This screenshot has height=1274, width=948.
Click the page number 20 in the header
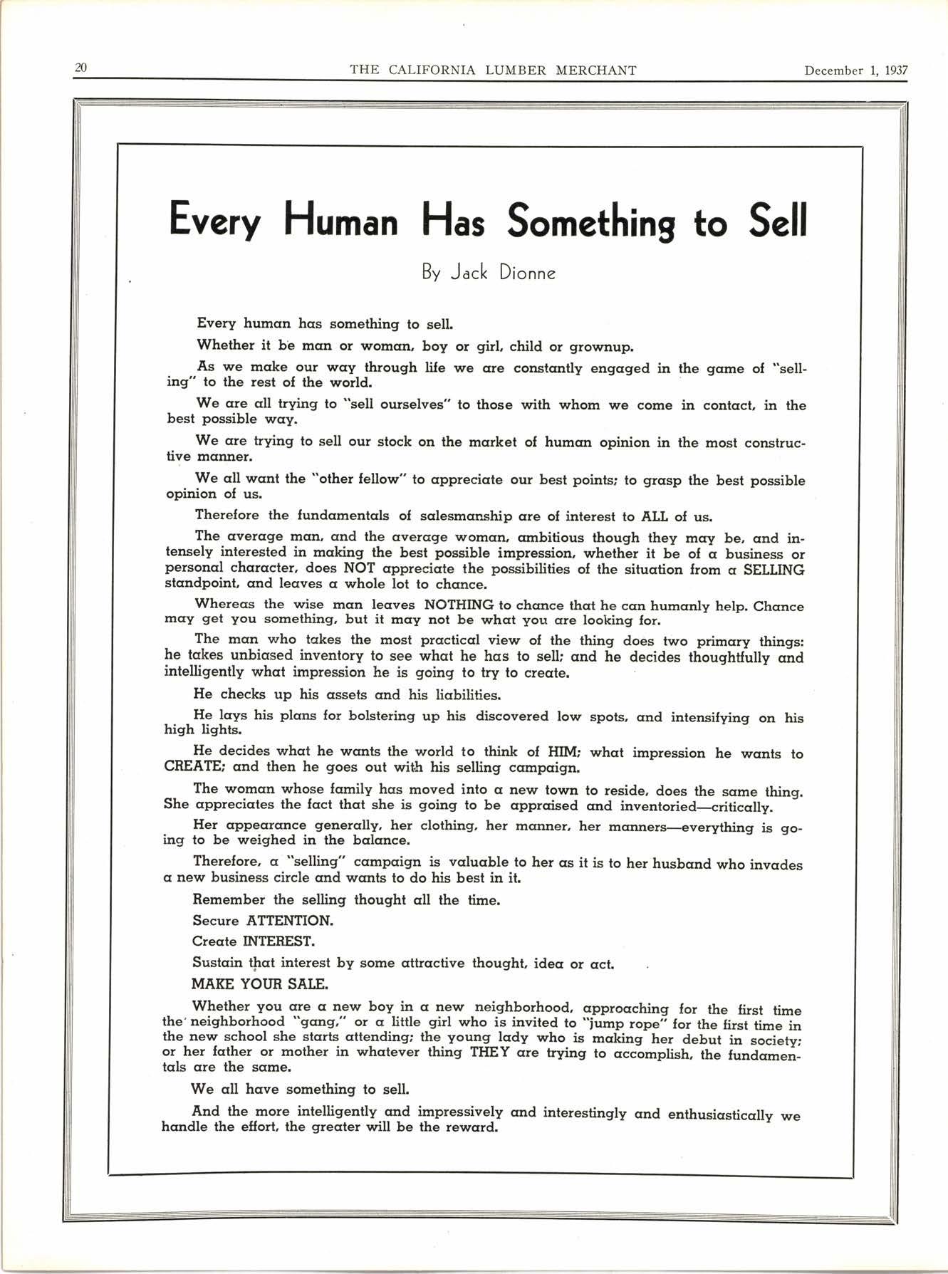click(80, 68)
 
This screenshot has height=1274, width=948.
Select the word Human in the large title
click(340, 221)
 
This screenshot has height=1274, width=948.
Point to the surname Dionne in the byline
click(526, 273)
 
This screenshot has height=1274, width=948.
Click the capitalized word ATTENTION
click(289, 920)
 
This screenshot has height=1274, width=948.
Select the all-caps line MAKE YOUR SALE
click(259, 984)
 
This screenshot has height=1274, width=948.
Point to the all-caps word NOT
click(360, 568)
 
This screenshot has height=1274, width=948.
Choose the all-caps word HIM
click(564, 752)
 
